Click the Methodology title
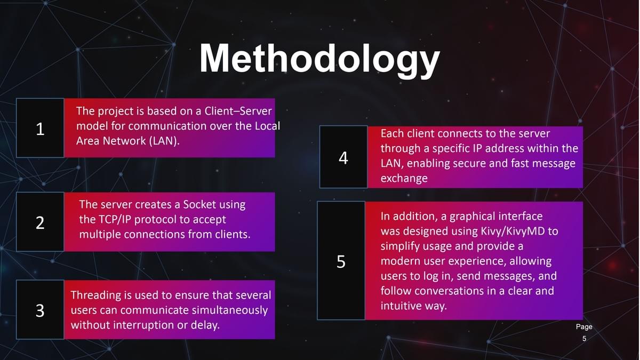319,59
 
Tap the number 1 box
41,127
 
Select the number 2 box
41,222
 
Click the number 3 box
41,310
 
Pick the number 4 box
343,157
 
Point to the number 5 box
341,261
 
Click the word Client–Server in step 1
238,111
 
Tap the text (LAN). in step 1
164,141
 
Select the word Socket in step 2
199,205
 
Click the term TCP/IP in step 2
115,220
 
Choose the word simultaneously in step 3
230,310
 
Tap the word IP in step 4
477,149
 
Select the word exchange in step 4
404,179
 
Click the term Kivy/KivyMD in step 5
513,231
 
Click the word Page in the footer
584,326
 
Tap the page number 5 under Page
585,339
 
